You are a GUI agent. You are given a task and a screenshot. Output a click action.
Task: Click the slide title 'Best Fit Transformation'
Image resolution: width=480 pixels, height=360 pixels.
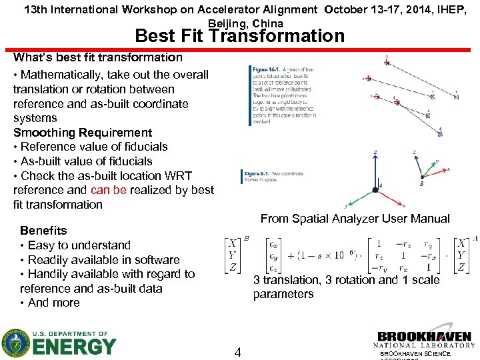[x=240, y=36]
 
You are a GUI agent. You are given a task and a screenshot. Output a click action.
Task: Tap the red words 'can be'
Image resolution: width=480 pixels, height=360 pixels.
[x=109, y=190]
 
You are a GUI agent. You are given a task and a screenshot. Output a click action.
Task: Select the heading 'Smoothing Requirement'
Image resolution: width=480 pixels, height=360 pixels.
[x=83, y=133]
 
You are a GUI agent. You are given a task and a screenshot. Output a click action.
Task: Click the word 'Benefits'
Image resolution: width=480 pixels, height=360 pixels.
[x=43, y=231]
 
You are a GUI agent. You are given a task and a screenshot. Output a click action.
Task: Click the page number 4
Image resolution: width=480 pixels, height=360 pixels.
[x=237, y=351]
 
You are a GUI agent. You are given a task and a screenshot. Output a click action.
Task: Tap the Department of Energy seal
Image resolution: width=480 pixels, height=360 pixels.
[x=15, y=343]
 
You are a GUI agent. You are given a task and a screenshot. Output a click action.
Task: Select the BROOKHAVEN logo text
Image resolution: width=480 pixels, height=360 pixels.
[x=424, y=337]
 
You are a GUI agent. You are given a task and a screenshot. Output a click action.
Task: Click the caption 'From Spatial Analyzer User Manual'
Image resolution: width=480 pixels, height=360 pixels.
[x=355, y=219]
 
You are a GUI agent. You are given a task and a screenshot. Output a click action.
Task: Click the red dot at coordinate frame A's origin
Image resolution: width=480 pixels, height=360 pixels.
[x=375, y=190]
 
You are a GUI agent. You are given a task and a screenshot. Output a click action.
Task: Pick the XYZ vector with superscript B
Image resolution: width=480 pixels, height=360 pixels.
[x=233, y=256]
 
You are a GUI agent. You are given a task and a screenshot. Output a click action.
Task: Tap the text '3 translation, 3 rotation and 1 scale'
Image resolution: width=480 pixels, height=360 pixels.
[x=346, y=280]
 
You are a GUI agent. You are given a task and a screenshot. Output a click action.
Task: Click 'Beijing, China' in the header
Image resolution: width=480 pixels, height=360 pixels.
[x=245, y=23]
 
